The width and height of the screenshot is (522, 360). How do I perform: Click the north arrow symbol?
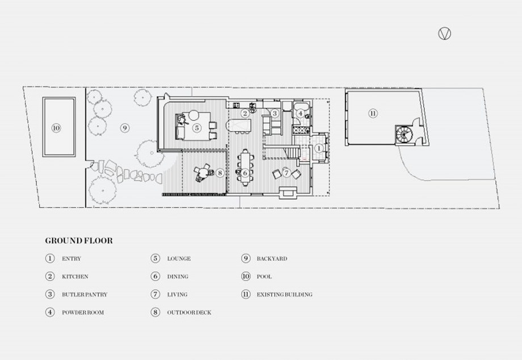(444, 34)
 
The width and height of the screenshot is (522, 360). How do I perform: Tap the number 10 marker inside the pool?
(56, 128)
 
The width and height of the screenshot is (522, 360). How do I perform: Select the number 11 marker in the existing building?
(373, 114)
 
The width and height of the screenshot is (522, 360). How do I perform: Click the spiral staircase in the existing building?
(404, 135)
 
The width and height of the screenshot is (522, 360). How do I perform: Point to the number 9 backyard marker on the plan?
(124, 128)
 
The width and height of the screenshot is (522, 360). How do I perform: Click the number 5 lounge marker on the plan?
(197, 128)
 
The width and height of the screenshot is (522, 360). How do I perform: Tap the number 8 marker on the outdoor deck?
(220, 173)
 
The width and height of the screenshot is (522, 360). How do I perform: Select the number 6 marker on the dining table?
(245, 173)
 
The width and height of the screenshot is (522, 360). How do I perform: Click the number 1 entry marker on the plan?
(319, 148)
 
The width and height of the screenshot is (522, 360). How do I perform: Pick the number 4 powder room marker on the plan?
(300, 114)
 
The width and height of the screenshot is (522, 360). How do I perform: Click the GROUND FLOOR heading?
(79, 240)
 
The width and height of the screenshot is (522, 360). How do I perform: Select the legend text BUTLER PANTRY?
(85, 294)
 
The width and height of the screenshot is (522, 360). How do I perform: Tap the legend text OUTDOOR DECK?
(189, 312)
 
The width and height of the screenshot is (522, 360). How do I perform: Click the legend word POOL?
(264, 277)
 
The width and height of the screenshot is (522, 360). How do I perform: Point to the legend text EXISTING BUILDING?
(284, 294)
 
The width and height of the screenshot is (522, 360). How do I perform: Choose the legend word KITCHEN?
(75, 277)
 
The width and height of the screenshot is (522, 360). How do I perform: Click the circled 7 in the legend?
(155, 294)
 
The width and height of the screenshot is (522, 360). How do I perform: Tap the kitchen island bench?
(239, 125)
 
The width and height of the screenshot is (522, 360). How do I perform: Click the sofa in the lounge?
(180, 127)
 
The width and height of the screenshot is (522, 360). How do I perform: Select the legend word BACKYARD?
(272, 258)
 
